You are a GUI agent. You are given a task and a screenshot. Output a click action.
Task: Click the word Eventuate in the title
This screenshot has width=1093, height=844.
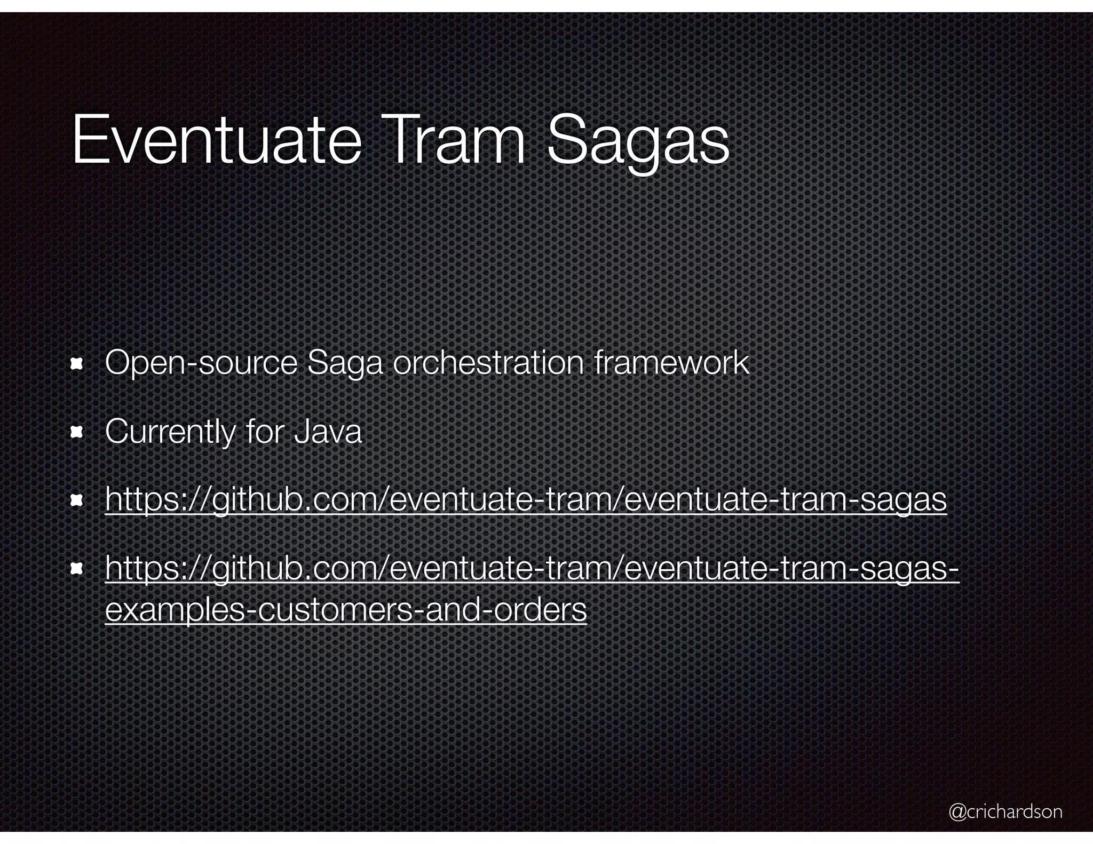216,139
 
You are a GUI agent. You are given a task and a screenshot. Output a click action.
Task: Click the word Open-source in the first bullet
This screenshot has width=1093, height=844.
201,363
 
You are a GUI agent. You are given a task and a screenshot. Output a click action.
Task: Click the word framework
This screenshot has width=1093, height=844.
671,363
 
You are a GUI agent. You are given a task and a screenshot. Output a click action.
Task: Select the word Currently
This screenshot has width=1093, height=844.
170,432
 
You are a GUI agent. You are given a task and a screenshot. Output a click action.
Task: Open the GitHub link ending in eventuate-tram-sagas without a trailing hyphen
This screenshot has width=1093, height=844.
526,500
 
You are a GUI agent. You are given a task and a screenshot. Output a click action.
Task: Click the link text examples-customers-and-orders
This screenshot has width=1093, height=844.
346,609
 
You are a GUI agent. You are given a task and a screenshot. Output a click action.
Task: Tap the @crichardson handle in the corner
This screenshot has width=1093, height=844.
1005,811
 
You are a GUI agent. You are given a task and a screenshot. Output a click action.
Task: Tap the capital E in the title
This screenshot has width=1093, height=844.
87,139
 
